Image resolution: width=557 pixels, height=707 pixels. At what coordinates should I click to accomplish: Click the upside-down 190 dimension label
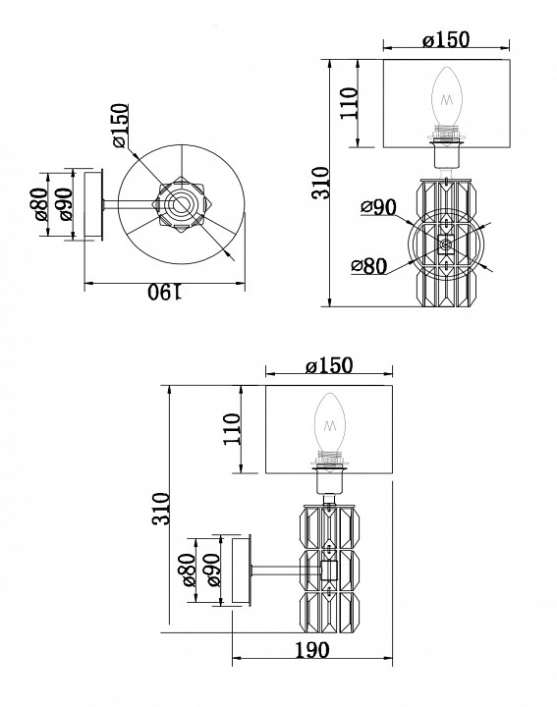(165, 293)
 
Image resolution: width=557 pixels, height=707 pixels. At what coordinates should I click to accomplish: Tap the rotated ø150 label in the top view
(120, 126)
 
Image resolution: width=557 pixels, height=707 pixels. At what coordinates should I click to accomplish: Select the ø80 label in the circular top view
(39, 203)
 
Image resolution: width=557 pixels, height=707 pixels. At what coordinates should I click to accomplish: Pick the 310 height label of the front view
(321, 183)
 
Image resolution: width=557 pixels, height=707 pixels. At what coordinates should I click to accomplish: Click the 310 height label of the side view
(161, 509)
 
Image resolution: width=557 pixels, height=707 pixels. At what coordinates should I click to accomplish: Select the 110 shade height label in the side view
(232, 429)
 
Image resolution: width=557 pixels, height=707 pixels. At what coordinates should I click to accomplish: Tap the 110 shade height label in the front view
(349, 103)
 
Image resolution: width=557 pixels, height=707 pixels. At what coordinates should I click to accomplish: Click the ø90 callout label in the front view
(378, 206)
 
